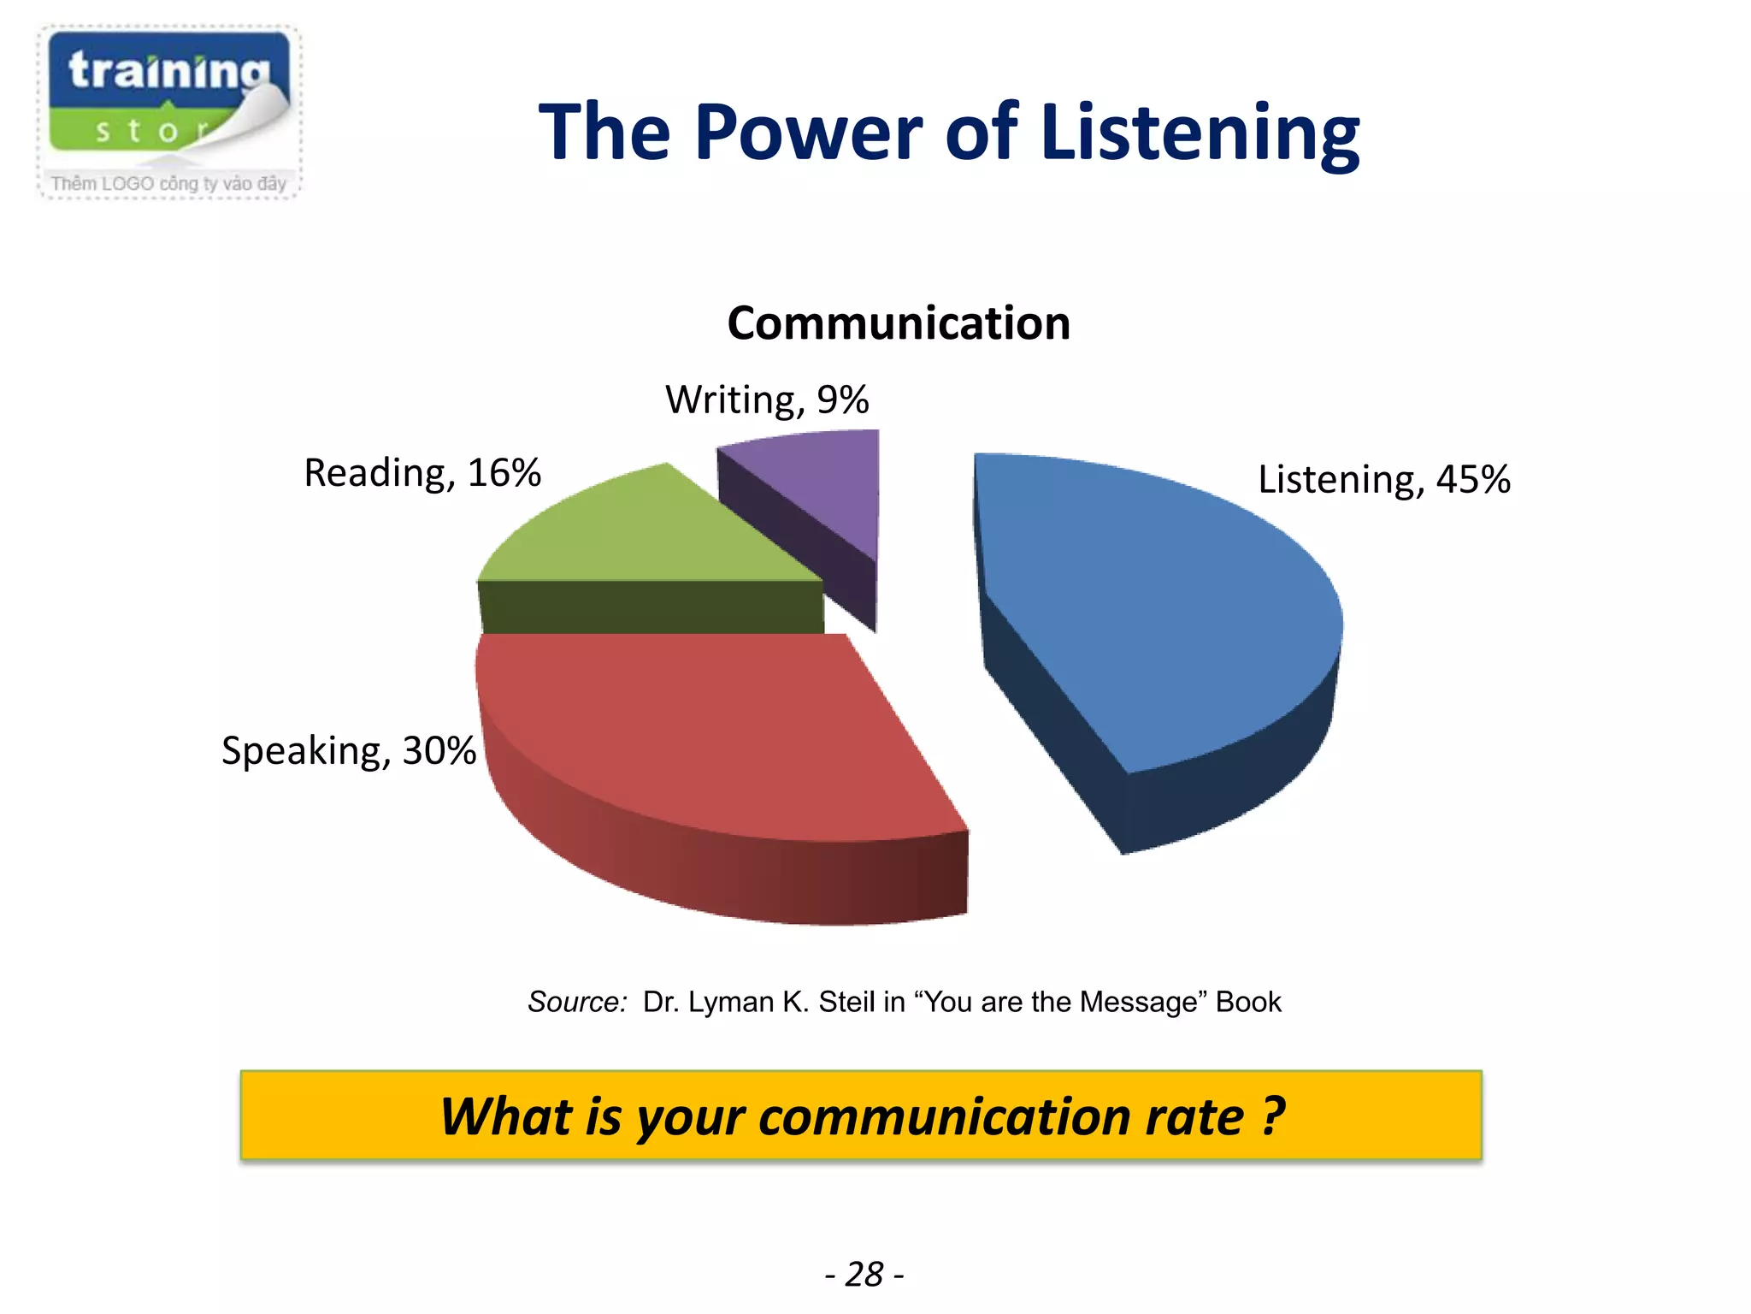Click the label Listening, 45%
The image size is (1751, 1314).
click(x=1383, y=480)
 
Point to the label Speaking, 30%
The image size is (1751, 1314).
click(x=348, y=751)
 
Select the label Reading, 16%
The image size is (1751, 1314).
click(x=422, y=473)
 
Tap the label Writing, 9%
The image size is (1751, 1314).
click(x=767, y=400)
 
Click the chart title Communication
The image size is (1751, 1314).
click(x=899, y=323)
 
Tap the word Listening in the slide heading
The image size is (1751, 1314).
click(x=1199, y=133)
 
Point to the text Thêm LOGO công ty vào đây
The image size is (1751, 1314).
click(x=168, y=184)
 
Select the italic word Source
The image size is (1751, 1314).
click(x=577, y=1002)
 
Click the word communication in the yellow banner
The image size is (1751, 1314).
click(x=1000, y=1117)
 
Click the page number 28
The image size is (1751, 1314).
click(x=864, y=1275)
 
